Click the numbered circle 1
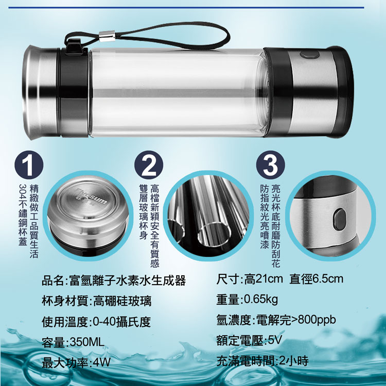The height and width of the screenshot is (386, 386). point(29,165)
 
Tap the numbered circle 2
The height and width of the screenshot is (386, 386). point(149,165)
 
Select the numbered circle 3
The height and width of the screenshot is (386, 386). point(270,165)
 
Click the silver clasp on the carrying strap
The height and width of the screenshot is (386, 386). point(107,36)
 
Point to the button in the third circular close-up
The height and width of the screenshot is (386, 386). point(340,219)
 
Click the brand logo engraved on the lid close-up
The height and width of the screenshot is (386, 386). point(92,197)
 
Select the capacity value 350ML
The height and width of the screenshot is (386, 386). point(87,342)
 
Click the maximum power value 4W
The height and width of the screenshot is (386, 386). point(102,362)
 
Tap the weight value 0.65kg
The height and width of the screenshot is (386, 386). point(261,300)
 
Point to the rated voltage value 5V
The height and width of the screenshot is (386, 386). point(274,340)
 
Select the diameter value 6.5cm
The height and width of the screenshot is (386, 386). point(328,279)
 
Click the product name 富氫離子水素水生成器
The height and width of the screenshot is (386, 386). point(128,280)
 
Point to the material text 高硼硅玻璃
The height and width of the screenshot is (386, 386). point(122,301)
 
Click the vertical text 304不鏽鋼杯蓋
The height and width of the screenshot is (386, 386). point(23,215)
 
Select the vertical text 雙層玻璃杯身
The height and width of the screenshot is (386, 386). point(143,212)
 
